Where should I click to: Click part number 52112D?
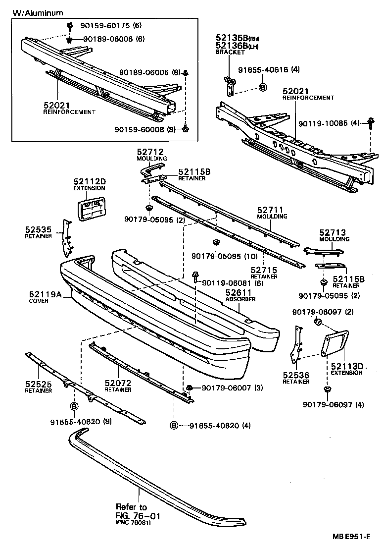tap(89, 182)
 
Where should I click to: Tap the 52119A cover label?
tap(45, 294)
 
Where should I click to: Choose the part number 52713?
tap(333, 232)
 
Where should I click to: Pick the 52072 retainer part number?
tap(117, 383)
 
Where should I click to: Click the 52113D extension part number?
tap(347, 366)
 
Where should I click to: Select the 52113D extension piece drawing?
tap(336, 343)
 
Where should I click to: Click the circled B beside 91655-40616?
tap(263, 87)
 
